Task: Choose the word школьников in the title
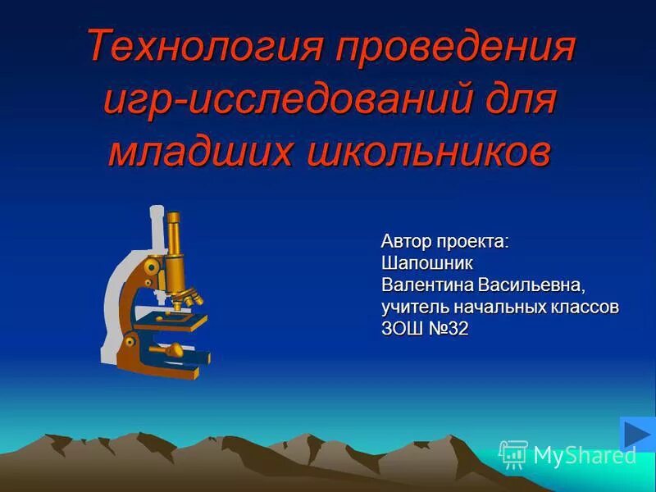[427, 153]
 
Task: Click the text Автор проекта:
[444, 242]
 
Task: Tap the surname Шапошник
[427, 263]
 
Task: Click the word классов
[585, 307]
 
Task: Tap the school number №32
[447, 329]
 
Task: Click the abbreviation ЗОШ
[402, 329]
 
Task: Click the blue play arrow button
[636, 435]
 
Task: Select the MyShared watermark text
[584, 455]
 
